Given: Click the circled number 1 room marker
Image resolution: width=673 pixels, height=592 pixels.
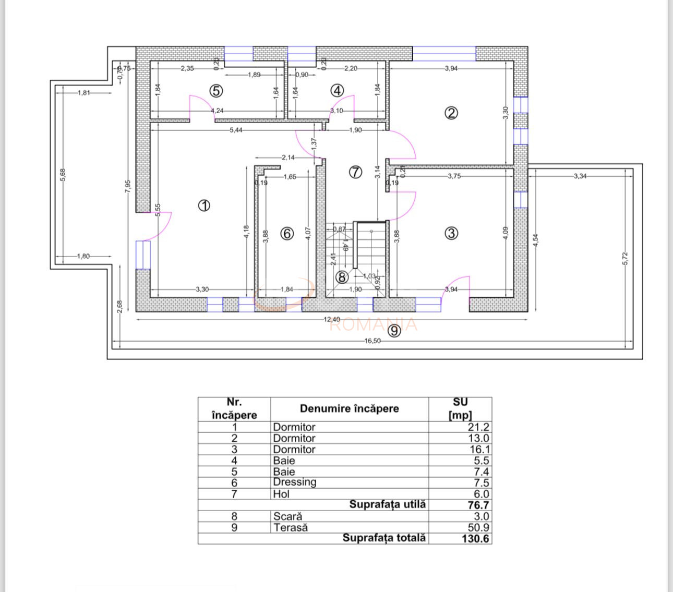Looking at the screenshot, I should click(204, 206).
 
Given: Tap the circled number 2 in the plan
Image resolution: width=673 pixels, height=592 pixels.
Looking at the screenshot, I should click(451, 113).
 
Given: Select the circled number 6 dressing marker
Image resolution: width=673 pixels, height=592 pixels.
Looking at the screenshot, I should click(287, 234).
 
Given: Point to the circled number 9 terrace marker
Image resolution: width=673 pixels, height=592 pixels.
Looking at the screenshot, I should click(394, 331).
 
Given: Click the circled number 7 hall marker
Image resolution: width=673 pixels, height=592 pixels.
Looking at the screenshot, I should click(355, 172).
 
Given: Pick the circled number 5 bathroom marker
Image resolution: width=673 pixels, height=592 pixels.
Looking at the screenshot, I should click(216, 91).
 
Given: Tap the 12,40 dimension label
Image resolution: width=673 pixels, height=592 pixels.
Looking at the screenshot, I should click(331, 320).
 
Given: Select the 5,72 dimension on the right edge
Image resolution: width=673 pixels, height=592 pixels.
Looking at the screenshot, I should click(626, 258).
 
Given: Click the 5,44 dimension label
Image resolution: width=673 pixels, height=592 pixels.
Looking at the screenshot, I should click(236, 130).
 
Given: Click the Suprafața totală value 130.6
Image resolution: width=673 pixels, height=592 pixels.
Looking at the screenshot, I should click(475, 539).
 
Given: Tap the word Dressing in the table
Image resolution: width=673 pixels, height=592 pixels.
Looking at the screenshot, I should click(295, 482).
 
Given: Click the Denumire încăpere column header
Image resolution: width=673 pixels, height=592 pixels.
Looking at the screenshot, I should click(349, 409).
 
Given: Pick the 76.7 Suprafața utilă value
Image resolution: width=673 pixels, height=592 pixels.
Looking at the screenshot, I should click(478, 505).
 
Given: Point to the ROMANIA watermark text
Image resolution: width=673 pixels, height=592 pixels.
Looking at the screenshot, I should click(374, 325).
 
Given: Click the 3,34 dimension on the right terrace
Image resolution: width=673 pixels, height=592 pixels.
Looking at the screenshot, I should click(580, 176).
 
